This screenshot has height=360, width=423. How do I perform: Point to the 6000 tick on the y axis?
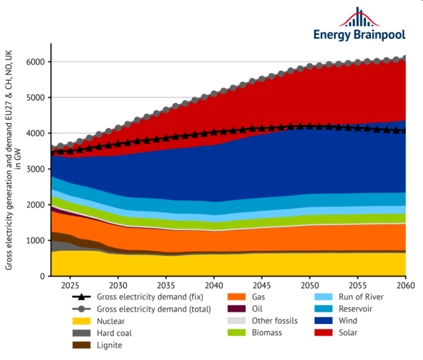point(38,62)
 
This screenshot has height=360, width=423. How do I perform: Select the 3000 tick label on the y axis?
point(38,169)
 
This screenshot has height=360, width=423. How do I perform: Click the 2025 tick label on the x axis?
point(70,285)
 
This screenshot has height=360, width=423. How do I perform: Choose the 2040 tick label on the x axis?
point(214,285)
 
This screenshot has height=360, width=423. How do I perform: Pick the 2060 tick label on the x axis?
point(405,285)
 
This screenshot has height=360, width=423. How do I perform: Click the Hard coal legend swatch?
point(82,333)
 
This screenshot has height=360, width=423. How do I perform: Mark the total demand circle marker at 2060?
point(405,58)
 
